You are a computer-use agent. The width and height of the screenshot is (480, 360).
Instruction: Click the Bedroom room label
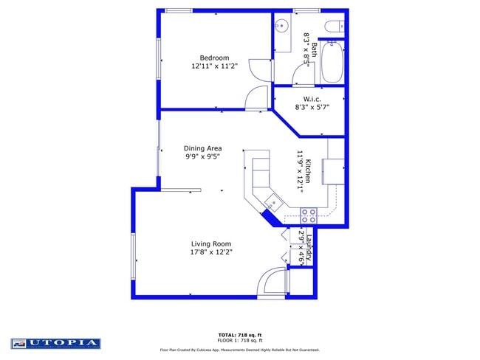(215, 58)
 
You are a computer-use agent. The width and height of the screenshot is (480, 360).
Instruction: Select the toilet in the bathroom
(334, 27)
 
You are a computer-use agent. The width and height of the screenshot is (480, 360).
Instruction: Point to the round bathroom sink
(281, 26)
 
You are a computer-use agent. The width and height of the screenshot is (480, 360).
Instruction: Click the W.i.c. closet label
(311, 98)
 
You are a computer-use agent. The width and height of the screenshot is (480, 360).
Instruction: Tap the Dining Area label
(203, 148)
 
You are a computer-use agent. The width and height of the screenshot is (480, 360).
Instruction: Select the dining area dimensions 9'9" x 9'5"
(203, 156)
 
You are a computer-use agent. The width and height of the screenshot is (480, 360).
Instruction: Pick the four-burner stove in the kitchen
(309, 215)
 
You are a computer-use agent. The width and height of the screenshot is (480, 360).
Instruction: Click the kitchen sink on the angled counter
(273, 201)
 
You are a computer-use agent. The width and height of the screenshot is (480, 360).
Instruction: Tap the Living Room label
(211, 243)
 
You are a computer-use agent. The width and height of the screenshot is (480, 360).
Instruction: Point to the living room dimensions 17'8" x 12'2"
(211, 252)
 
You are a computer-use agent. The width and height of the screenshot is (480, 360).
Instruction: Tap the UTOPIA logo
(55, 343)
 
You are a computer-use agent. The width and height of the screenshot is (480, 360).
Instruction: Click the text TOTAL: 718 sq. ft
(239, 335)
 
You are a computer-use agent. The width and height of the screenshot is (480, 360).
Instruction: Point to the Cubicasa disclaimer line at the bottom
(239, 350)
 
